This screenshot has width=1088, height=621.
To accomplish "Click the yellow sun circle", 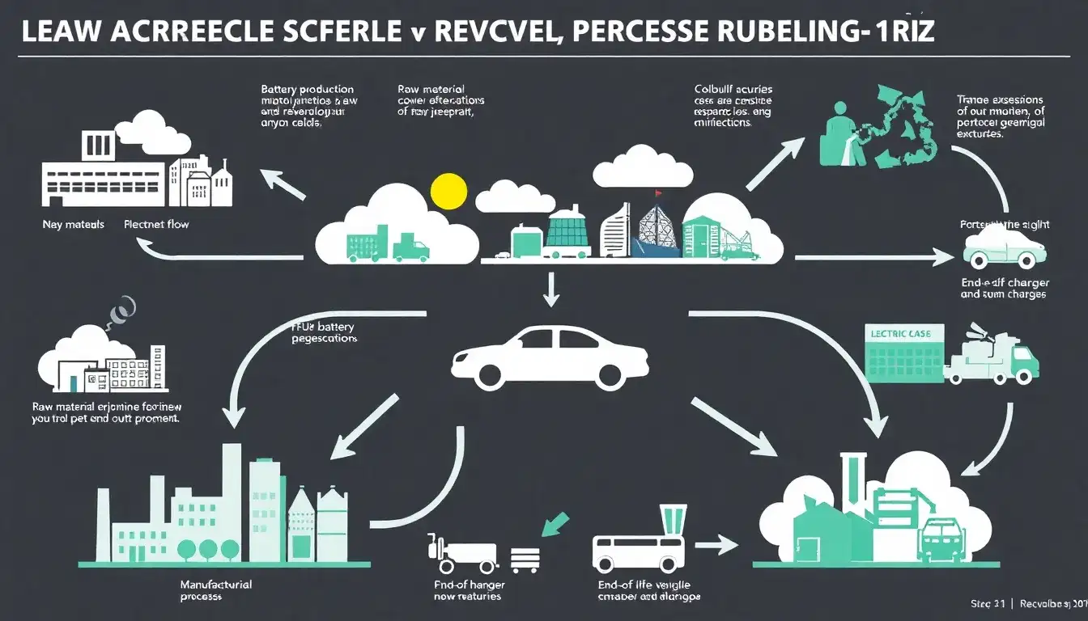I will (x=448, y=191).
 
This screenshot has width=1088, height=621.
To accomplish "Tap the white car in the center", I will (x=550, y=356).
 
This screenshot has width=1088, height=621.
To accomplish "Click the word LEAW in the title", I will (x=62, y=32).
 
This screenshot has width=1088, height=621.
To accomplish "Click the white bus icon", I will (x=638, y=552).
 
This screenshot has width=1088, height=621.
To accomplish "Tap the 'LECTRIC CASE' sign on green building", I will (x=902, y=333).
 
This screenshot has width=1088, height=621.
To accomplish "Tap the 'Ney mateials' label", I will (x=73, y=224).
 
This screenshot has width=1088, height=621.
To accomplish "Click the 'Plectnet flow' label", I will (x=156, y=224).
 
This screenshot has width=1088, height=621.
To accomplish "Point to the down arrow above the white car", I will (x=550, y=289).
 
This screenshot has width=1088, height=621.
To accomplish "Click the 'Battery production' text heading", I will (x=307, y=89).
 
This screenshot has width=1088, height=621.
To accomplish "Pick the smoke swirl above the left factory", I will (x=122, y=307).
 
